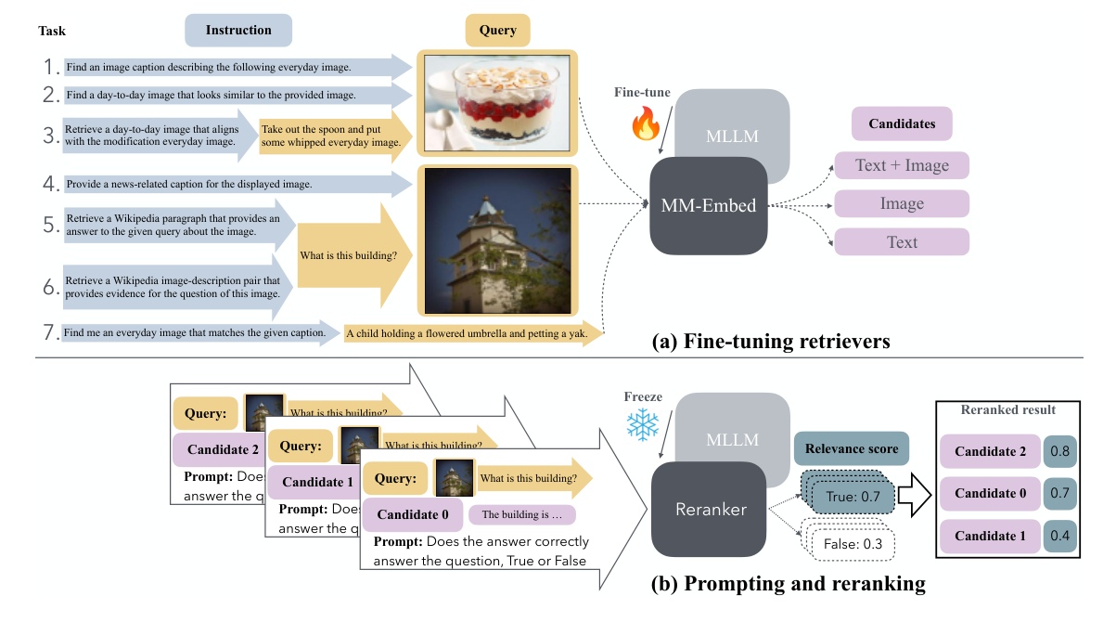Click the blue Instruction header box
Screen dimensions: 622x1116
pyautogui.click(x=238, y=31)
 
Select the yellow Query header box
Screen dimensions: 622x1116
pyautogui.click(x=497, y=31)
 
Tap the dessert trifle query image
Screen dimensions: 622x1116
pyautogui.click(x=497, y=101)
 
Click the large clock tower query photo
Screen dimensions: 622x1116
pyautogui.click(x=497, y=240)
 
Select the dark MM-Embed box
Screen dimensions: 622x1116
pyautogui.click(x=709, y=206)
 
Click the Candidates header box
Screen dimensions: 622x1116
pyautogui.click(x=902, y=123)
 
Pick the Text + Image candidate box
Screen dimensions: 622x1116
pyautogui.click(x=902, y=166)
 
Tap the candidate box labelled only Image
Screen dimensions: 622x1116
pyautogui.click(x=902, y=204)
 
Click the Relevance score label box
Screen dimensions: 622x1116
pyautogui.click(x=851, y=449)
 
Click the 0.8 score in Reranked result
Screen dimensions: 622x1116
pyautogui.click(x=1060, y=451)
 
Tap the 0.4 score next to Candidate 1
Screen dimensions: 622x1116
pyautogui.click(x=1060, y=536)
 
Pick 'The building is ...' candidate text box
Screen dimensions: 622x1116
pyautogui.click(x=522, y=514)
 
